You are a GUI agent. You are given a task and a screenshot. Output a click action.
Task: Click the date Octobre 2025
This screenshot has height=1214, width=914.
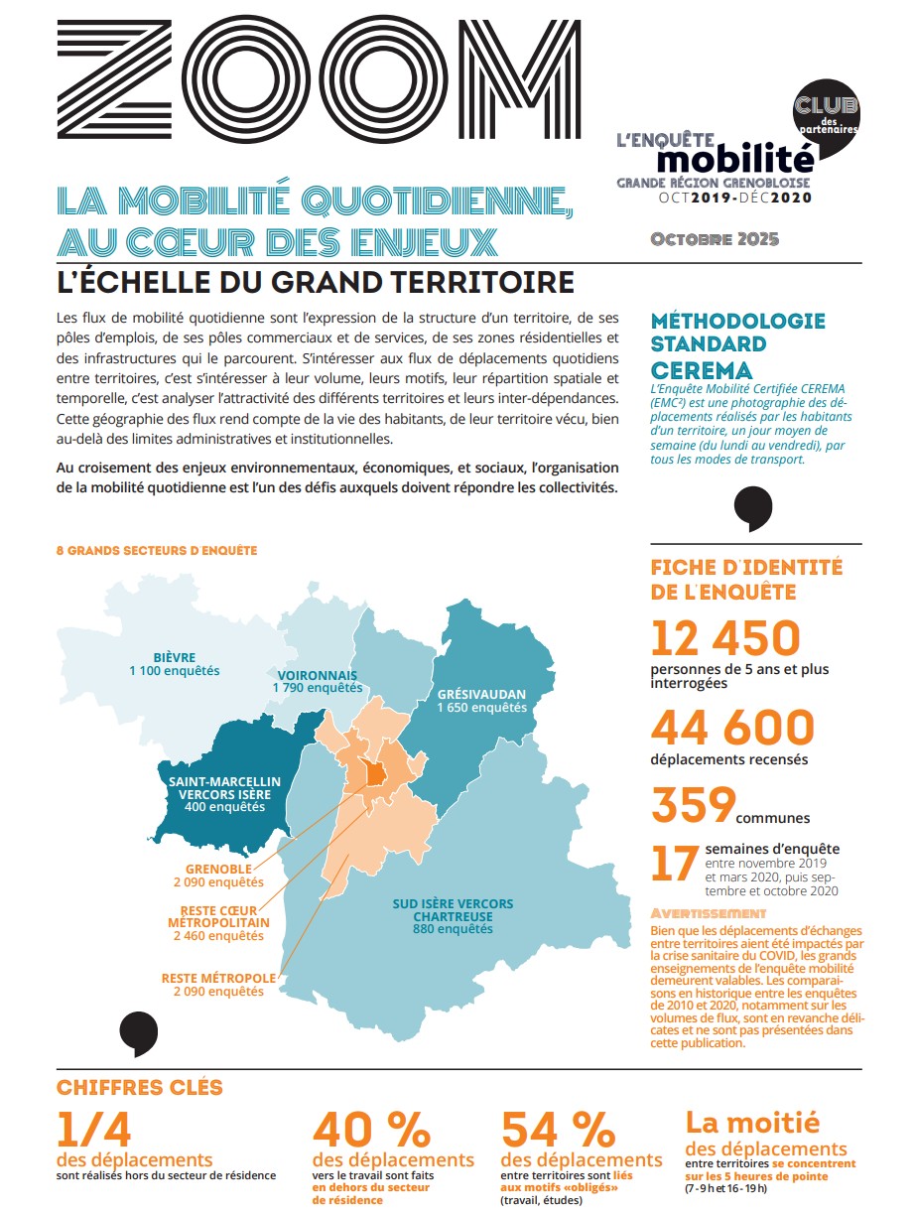coord(715,239)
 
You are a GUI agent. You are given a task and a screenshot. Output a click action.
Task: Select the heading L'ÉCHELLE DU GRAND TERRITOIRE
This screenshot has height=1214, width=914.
coord(316,282)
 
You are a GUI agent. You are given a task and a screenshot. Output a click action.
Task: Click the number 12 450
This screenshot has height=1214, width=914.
coord(725,638)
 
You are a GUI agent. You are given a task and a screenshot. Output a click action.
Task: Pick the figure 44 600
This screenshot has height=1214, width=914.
coord(731,729)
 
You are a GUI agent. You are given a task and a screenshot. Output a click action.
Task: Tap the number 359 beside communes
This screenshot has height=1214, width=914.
coord(693,804)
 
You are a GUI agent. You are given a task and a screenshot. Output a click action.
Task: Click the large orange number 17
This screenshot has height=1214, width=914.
coord(674,864)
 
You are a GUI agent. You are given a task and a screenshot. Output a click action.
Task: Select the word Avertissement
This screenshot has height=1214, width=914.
coord(708,912)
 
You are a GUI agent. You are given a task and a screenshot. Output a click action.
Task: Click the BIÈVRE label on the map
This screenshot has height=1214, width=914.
coord(175,657)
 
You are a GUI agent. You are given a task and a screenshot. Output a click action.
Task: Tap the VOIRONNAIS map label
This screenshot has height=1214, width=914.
coord(318,676)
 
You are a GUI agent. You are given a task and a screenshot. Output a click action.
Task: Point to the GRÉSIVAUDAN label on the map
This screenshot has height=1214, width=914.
coord(482,694)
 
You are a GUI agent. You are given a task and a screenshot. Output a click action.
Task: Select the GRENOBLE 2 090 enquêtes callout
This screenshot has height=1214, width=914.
coord(218,875)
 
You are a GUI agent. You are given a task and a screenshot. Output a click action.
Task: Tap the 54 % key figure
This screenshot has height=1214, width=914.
coord(558,1129)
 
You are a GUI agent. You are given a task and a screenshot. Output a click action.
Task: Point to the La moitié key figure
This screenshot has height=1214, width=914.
coord(753,1122)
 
